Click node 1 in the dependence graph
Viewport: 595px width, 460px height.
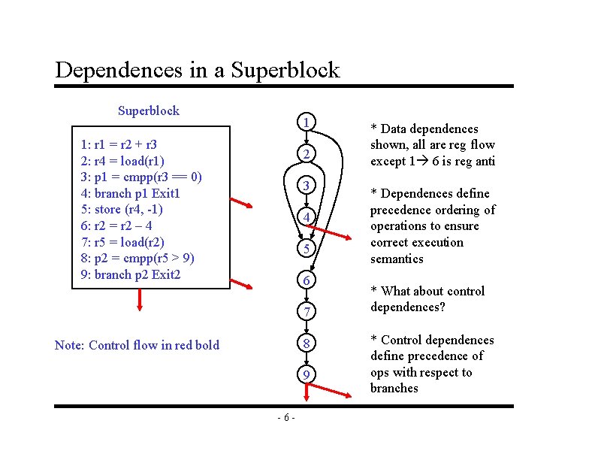coord(306,122)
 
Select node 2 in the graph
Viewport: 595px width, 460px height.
coord(306,153)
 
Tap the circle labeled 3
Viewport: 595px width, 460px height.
coord(306,186)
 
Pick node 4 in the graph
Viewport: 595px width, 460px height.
coord(306,217)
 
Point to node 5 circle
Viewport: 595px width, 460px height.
coord(306,249)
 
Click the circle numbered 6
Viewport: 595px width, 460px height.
coord(306,280)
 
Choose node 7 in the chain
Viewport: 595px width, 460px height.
coord(306,311)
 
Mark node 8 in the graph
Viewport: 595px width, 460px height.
coord(306,343)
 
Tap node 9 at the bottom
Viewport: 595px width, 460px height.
coord(306,374)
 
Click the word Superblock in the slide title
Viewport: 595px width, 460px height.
coord(285,71)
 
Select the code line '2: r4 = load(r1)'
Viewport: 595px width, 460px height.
coord(122,160)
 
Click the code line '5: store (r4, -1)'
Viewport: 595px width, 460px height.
coord(121,209)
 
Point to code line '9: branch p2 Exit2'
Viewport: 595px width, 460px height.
coord(131,274)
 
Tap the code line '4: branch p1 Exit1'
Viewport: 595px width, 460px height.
coord(131,193)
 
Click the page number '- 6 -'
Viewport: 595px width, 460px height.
coord(285,417)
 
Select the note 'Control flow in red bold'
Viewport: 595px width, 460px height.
coord(137,345)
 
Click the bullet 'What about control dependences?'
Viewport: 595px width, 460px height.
coord(427,299)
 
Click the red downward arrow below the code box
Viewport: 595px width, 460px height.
coord(140,299)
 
